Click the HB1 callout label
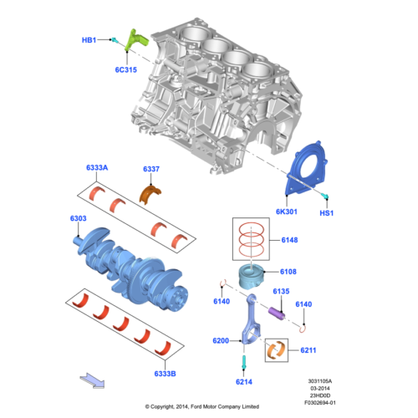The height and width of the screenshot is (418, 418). [89, 39]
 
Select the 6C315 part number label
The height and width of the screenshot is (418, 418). [127, 72]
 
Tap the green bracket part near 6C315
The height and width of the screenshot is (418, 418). [135, 38]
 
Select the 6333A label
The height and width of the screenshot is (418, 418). [97, 168]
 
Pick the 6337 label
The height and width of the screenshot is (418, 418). [150, 170]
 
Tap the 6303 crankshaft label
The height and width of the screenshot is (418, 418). [78, 218]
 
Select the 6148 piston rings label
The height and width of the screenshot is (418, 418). [289, 241]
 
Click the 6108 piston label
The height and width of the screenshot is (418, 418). [288, 272]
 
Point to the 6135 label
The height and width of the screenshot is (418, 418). [281, 291]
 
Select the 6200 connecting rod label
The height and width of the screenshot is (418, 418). [221, 341]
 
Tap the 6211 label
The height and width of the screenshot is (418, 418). [308, 350]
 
